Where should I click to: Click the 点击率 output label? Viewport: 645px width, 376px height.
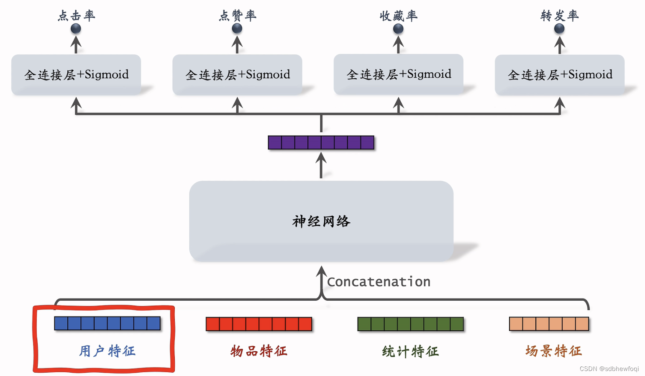[76, 16]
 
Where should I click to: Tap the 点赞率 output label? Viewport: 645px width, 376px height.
[237, 16]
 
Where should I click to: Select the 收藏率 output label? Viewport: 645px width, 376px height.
[398, 16]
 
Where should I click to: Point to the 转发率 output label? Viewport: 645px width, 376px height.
[559, 16]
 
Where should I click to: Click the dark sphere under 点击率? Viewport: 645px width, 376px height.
[76, 28]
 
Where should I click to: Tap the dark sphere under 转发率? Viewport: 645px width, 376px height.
[559, 28]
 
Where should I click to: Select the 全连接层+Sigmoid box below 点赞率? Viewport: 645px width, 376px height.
[237, 75]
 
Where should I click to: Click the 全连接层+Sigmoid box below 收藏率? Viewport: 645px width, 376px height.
[398, 74]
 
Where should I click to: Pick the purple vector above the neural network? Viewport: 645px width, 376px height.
[321, 142]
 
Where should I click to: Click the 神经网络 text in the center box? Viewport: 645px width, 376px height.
[321, 221]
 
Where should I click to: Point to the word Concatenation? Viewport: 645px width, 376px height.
[379, 282]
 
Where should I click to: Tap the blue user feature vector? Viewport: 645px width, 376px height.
[107, 323]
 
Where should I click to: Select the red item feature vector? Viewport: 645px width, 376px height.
[259, 324]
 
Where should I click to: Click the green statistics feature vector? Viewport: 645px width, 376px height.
[410, 324]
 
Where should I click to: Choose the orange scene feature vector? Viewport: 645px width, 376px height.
[549, 324]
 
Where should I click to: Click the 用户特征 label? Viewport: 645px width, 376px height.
[107, 351]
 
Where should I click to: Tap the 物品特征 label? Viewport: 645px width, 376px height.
[259, 351]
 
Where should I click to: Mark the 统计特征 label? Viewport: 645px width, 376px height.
[410, 351]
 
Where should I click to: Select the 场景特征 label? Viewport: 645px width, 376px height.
[553, 351]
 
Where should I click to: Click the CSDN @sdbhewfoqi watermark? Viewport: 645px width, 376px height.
[609, 369]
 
